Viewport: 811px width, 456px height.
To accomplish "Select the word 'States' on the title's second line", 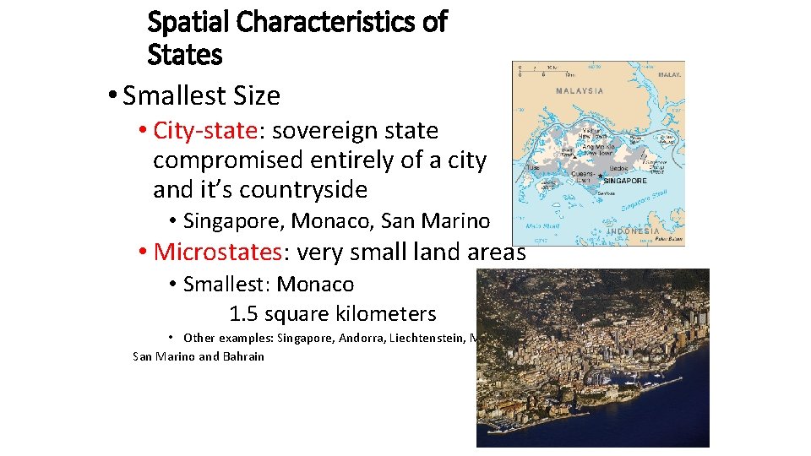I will coord(184,56).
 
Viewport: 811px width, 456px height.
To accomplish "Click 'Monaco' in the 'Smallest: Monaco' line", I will coord(315,285).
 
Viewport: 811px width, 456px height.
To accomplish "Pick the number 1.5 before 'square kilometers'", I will coord(244,314).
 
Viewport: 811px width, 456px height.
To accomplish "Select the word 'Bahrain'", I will coord(243,356).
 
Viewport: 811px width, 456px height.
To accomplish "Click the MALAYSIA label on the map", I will coord(580,90).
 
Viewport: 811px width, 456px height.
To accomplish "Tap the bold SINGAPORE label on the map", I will coord(625,181).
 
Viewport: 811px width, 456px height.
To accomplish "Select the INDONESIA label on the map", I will coord(634,231).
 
